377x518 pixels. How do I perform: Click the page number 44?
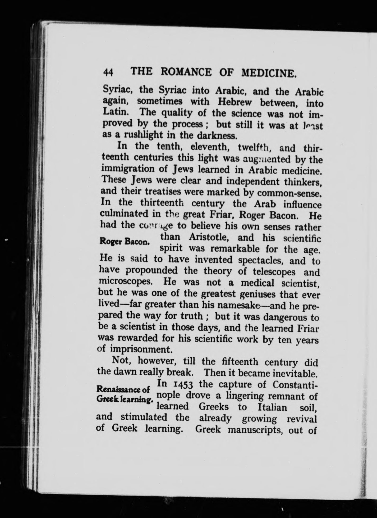(108, 72)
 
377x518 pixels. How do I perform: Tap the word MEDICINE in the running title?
(269, 73)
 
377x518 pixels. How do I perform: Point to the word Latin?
(116, 112)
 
